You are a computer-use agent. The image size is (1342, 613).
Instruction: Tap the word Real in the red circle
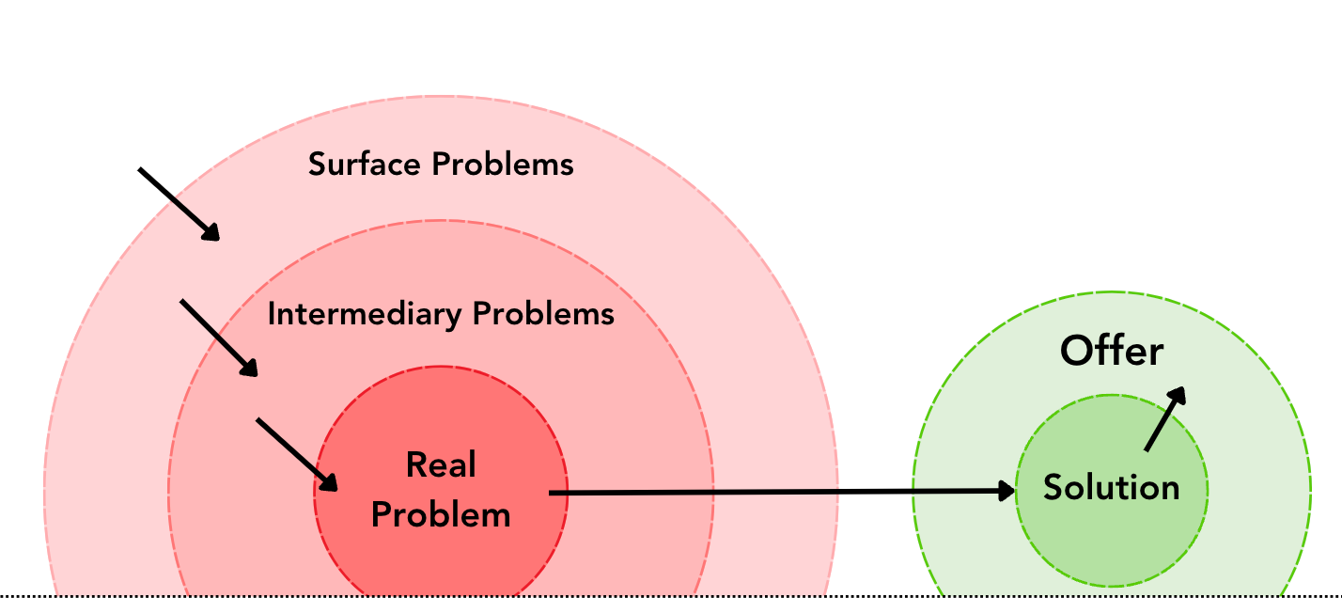tap(441, 464)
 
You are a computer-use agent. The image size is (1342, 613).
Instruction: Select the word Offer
tap(1112, 352)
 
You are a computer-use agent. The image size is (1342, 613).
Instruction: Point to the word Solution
tap(1112, 488)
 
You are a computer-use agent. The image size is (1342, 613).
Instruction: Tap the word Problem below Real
tap(441, 515)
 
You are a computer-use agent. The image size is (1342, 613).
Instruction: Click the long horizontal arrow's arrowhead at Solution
tap(1006, 490)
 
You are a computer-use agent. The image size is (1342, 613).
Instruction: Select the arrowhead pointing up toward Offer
tap(1178, 396)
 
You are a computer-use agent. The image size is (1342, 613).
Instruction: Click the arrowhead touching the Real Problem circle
tap(328, 481)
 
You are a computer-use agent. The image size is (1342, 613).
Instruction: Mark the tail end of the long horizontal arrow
tap(552, 492)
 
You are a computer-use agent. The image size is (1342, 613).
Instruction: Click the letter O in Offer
tap(1077, 352)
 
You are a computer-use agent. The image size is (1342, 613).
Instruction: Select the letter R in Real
tap(415, 464)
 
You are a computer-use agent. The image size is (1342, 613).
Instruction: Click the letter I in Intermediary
tap(272, 314)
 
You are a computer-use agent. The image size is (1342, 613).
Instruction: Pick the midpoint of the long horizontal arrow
tap(780, 491)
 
